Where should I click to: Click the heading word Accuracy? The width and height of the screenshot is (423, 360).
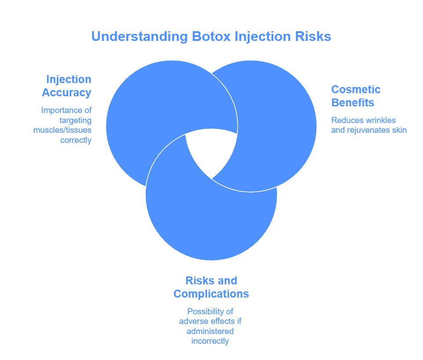(x=67, y=93)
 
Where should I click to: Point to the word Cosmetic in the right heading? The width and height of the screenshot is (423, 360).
(x=356, y=90)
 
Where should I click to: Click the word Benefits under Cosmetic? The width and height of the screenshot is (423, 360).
(x=353, y=103)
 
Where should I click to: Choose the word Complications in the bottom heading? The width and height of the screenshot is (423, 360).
(x=211, y=294)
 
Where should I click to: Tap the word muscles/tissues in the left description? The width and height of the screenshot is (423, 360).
(x=62, y=130)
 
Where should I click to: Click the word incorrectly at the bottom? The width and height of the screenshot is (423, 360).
(x=210, y=341)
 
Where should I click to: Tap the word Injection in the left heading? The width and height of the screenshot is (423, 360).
(x=69, y=80)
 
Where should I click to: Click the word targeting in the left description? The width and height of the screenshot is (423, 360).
(x=77, y=120)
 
